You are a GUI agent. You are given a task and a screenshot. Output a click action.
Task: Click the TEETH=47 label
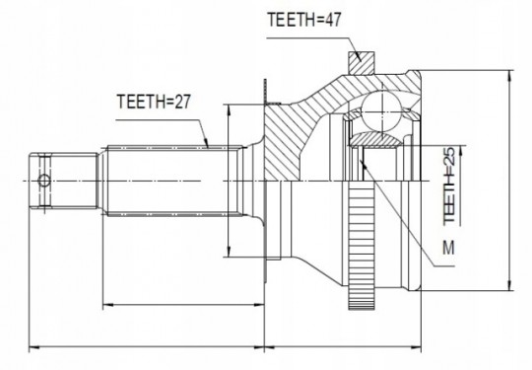click(303, 20)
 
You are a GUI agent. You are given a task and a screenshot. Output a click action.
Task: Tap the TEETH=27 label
click(154, 102)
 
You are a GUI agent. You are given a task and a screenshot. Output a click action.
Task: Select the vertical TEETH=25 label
click(449, 185)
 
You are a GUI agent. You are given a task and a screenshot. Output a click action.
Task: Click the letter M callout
click(448, 248)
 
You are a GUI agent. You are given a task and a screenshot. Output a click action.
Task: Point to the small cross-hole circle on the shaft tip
click(44, 181)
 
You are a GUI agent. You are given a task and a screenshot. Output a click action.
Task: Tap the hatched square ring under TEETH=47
click(361, 63)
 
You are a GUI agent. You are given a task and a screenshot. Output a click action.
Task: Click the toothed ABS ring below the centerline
click(361, 246)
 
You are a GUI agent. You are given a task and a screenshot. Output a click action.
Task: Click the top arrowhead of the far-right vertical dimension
click(509, 76)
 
